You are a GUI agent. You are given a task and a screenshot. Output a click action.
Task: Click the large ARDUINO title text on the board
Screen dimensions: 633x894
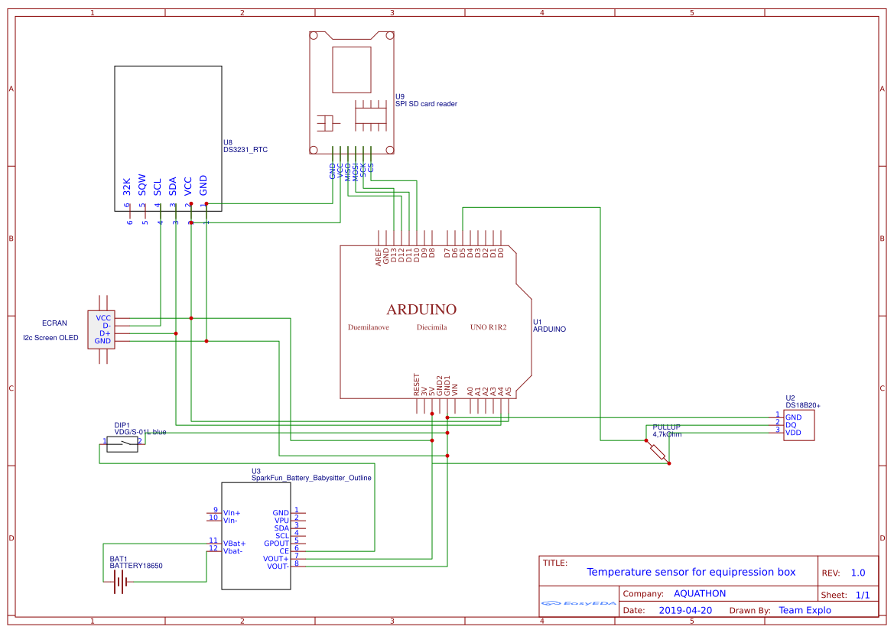(x=421, y=310)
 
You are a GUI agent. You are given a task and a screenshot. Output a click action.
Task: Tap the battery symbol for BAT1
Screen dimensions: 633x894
(x=119, y=582)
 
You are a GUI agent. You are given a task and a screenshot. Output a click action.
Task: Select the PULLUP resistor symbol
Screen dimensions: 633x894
(x=658, y=452)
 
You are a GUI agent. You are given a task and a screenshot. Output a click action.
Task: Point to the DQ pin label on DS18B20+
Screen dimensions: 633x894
(x=791, y=424)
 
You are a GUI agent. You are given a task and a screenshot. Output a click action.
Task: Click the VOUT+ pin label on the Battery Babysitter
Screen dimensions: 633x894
(x=276, y=558)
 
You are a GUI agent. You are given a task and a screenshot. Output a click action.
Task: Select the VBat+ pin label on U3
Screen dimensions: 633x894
(x=235, y=543)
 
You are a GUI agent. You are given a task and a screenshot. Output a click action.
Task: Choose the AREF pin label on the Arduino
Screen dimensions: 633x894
(x=379, y=256)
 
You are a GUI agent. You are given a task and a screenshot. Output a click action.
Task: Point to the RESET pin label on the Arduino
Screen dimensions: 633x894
(x=417, y=383)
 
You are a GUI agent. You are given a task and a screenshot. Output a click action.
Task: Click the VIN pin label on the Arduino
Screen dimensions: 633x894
(x=454, y=388)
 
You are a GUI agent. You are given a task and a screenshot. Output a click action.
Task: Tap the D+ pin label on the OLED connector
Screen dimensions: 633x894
(x=105, y=333)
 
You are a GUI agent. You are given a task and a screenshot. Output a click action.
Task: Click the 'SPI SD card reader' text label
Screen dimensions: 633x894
(x=426, y=104)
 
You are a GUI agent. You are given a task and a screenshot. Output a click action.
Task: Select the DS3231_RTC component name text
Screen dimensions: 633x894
(x=245, y=150)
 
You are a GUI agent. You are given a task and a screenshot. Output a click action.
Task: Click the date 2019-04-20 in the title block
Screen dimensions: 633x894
(x=685, y=610)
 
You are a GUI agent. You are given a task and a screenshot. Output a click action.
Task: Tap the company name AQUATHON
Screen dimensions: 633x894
(x=699, y=593)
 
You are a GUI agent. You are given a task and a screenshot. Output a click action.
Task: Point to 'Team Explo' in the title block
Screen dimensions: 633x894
(x=805, y=610)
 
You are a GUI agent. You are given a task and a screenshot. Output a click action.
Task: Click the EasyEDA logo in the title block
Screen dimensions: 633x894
(x=578, y=602)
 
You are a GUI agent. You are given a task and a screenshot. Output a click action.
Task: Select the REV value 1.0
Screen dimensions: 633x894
(x=857, y=573)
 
